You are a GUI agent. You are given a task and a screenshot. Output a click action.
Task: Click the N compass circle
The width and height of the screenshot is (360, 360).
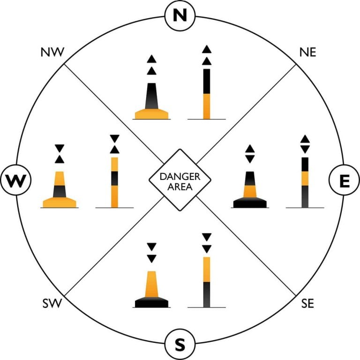point(180,15)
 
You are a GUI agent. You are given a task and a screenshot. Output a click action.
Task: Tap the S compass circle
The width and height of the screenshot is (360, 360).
point(180,345)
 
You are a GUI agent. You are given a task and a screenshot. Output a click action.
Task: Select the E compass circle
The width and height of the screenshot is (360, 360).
point(345,180)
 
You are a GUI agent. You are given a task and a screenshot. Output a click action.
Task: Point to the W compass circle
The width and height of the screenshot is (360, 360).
point(15,180)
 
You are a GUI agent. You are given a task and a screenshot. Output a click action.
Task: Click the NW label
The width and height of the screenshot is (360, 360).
point(52,52)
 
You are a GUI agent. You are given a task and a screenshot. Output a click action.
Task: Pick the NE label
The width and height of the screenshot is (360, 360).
point(308,52)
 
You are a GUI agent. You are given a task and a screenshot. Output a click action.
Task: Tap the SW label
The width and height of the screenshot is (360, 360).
point(52,303)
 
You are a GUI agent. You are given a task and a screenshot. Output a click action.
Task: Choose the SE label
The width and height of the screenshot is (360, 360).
point(307,303)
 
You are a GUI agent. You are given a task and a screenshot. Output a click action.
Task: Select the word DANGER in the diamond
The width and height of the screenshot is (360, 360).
point(180,177)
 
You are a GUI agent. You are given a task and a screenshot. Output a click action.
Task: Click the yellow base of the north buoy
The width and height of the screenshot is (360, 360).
point(151,114)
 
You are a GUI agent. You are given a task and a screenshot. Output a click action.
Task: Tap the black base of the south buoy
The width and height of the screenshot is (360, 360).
point(151,302)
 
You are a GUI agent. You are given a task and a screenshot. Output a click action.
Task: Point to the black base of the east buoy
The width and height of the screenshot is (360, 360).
point(250,202)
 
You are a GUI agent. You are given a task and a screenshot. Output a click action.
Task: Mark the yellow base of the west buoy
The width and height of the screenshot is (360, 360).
point(60,202)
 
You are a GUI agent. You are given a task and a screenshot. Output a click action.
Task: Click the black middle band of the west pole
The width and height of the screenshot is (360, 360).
point(114,179)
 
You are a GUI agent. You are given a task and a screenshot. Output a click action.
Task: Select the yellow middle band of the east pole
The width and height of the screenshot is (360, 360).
point(305,179)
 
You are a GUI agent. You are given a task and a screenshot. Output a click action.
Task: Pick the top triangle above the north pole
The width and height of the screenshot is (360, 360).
point(207,49)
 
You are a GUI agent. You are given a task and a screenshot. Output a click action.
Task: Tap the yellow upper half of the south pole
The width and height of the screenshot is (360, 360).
point(207,270)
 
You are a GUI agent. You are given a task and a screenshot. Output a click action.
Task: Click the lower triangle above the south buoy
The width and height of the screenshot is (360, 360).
point(151,259)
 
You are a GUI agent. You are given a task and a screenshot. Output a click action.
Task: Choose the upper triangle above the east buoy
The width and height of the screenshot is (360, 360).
point(250,149)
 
